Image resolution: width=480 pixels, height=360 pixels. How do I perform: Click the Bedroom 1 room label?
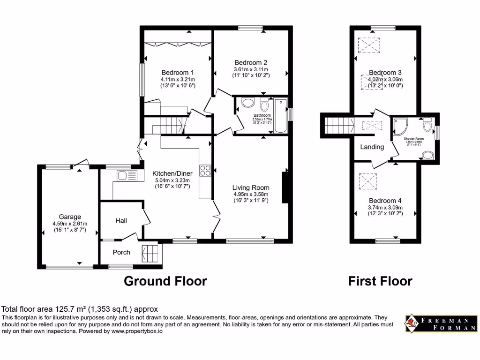178,73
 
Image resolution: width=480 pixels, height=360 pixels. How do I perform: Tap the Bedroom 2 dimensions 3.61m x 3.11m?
251,69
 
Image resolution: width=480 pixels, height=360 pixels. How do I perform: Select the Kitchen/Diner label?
172,173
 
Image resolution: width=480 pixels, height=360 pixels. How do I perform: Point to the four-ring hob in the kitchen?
205,171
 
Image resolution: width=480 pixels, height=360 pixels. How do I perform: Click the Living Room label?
251,187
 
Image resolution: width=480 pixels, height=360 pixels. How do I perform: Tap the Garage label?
70,217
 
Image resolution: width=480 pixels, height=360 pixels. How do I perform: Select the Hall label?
121,220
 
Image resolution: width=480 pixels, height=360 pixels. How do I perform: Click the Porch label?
121,252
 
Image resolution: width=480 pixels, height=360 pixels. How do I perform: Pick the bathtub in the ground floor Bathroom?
281,115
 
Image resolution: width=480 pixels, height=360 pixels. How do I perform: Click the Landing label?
372,147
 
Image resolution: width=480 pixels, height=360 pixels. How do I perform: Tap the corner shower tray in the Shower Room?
399,125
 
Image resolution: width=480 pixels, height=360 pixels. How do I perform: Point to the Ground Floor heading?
165,281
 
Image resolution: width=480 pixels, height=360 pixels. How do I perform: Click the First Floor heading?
380,281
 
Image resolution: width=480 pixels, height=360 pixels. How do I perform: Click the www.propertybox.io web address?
137,331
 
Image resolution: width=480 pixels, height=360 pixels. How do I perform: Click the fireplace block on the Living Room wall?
284,187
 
